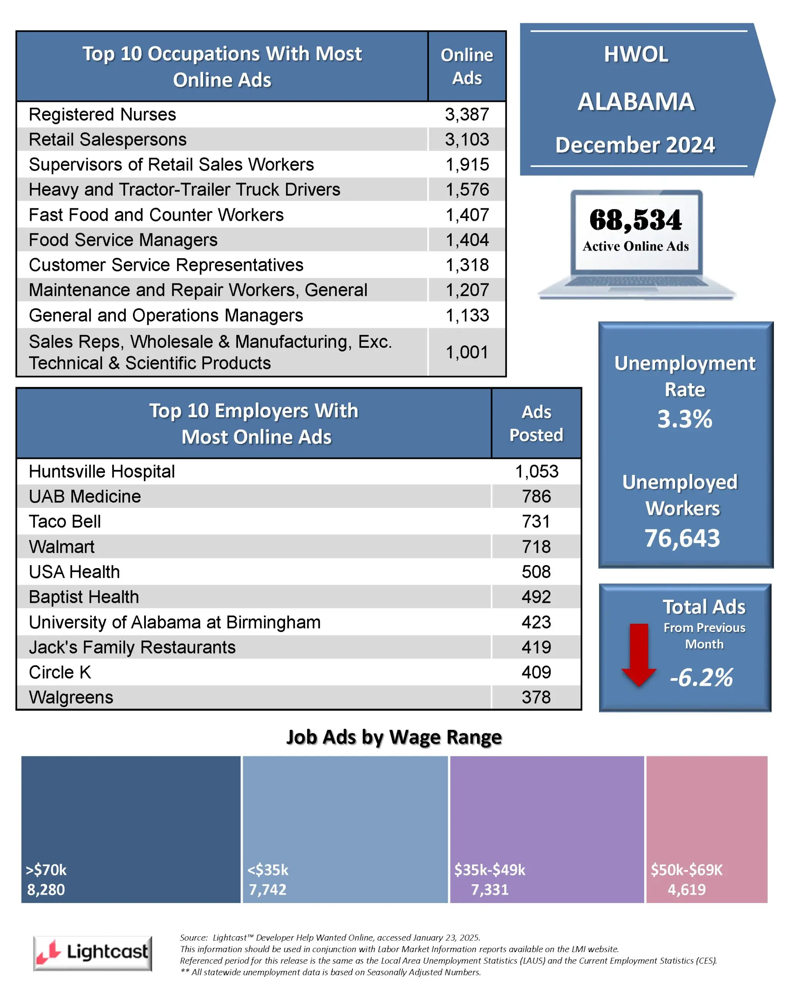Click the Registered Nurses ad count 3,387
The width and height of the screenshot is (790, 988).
pyautogui.click(x=467, y=115)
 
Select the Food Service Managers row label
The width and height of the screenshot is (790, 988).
pyautogui.click(x=123, y=240)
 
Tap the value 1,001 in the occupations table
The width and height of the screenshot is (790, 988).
pyautogui.click(x=467, y=352)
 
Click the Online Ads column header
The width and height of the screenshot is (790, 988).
pyautogui.click(x=467, y=66)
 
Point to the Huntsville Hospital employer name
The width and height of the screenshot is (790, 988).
pyautogui.click(x=102, y=472)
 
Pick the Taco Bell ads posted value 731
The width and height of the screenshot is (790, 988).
pyautogui.click(x=536, y=521)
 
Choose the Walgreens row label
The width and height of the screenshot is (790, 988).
pyautogui.click(x=71, y=697)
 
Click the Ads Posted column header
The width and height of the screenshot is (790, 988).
pyautogui.click(x=536, y=423)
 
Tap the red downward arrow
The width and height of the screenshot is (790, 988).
pyautogui.click(x=638, y=655)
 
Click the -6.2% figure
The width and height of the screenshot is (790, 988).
pyautogui.click(x=701, y=677)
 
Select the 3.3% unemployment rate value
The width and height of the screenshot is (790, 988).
pyautogui.click(x=685, y=419)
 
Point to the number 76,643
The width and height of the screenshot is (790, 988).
pyautogui.click(x=682, y=538)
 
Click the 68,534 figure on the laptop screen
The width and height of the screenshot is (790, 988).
pyautogui.click(x=635, y=220)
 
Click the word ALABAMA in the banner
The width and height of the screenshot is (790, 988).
pyautogui.click(x=636, y=102)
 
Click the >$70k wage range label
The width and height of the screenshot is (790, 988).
pyautogui.click(x=46, y=870)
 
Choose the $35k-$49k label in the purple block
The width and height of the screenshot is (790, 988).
pyautogui.click(x=489, y=870)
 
